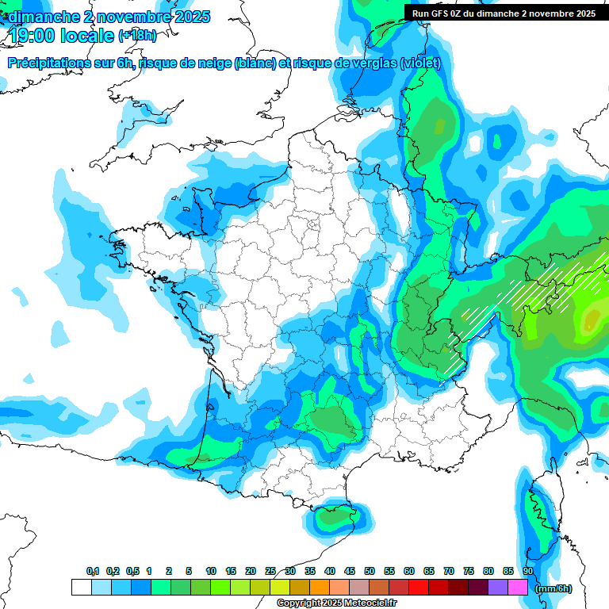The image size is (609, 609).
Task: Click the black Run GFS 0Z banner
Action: click(504, 13)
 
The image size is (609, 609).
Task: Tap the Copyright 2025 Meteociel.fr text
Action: click(336, 603)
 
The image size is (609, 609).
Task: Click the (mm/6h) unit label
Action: click(553, 588)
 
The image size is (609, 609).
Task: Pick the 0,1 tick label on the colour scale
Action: click(93, 572)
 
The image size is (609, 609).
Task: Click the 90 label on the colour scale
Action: click(527, 572)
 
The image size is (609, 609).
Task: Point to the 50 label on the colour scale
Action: click(370, 572)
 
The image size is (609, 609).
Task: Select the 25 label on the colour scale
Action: click(270, 572)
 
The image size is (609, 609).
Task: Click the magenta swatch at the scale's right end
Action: click(518, 588)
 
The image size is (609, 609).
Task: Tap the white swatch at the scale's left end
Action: click(82, 588)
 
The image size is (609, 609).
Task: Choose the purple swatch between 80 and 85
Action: click(498, 588)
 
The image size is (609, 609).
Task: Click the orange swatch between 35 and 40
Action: click(320, 588)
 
